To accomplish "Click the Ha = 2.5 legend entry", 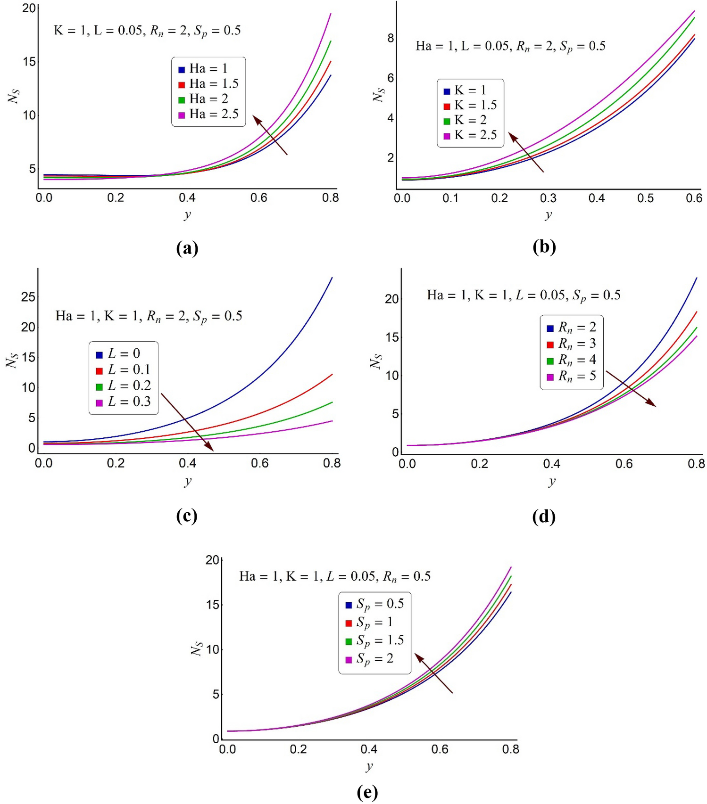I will tap(209, 114).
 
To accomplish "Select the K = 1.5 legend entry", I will tap(470, 105).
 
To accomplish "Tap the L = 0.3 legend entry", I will tap(124, 402).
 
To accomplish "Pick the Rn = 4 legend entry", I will tap(572, 360).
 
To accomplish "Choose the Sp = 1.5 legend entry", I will tap(375, 641).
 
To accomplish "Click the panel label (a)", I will tap(187, 247).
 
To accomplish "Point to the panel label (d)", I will tap(543, 517).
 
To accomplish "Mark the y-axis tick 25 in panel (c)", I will tap(28, 297).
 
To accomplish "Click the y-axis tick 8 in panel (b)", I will tap(391, 38).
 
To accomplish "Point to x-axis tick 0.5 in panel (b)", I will tap(645, 198).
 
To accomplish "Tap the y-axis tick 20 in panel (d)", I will tap(391, 299).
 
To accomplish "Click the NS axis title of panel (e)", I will tap(197, 648).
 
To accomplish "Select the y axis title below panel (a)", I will tap(187, 215).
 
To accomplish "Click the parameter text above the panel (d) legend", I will tap(524, 295).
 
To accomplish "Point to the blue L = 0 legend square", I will tap(99, 355).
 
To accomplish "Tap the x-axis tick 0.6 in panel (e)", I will tap(440, 749).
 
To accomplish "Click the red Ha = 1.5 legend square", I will tap(182, 85).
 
